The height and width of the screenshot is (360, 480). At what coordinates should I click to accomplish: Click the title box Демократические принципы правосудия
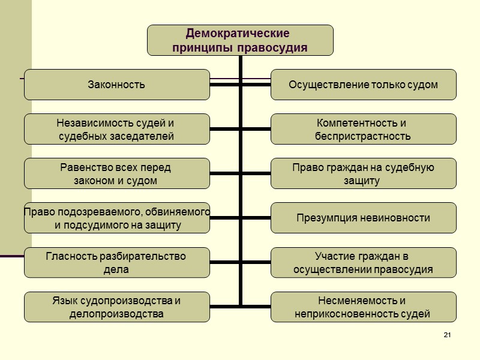click(240, 40)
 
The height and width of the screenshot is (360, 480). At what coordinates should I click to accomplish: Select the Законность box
click(117, 85)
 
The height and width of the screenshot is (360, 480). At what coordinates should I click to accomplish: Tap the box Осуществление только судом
click(363, 85)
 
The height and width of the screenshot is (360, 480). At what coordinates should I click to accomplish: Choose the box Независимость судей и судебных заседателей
click(117, 129)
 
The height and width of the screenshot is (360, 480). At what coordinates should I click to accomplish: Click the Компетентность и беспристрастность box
click(363, 129)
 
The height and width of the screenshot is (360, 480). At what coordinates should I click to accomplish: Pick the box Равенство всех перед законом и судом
click(117, 173)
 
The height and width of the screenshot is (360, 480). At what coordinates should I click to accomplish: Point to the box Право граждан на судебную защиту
click(363, 173)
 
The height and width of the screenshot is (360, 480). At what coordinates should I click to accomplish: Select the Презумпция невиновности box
click(363, 218)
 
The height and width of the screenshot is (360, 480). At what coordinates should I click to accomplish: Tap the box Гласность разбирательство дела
click(117, 262)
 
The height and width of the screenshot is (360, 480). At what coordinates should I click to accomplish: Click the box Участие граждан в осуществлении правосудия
click(363, 262)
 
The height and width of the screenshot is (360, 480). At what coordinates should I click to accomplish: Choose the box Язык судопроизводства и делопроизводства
click(117, 307)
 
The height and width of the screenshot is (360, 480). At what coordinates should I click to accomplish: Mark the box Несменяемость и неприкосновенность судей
click(363, 307)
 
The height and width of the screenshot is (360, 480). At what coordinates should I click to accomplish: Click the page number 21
click(447, 334)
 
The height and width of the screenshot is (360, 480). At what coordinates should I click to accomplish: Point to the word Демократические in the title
click(238, 33)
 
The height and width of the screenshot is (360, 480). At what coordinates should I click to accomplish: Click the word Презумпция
click(325, 218)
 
